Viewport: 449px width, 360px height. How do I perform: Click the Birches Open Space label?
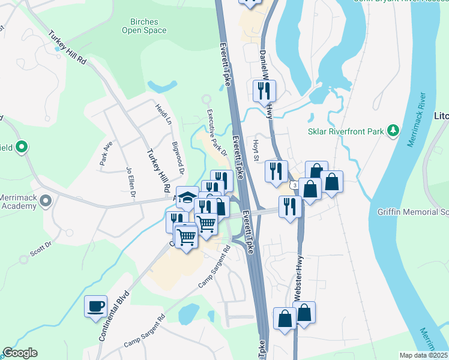(144, 25)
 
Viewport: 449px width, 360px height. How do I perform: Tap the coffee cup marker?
(96, 307)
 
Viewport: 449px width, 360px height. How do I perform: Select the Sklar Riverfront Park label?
(346, 131)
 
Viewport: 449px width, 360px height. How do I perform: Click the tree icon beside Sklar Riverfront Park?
(393, 130)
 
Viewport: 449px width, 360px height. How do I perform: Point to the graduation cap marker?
(187, 197)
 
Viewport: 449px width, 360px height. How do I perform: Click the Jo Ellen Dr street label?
(130, 182)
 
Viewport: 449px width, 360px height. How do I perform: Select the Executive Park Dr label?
(218, 132)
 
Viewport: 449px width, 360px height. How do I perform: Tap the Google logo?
(20, 353)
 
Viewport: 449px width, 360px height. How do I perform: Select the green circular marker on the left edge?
(22, 146)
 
